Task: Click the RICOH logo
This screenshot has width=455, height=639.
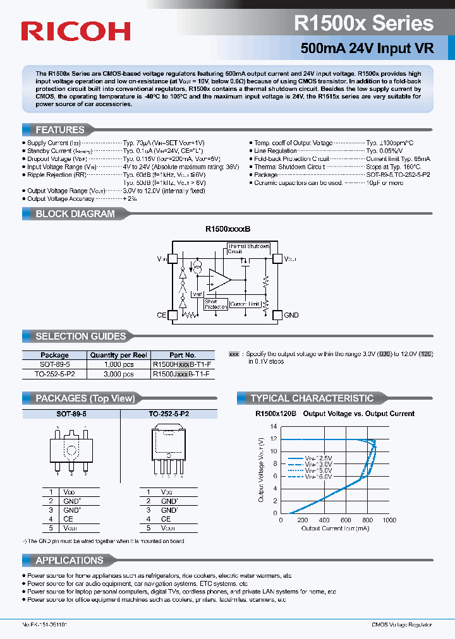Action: pyautogui.click(x=76, y=31)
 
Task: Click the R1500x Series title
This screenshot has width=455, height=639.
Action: pyautogui.click(x=363, y=23)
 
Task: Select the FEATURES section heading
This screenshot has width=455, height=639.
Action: pyautogui.click(x=60, y=129)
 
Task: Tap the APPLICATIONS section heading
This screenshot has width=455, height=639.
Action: pyautogui.click(x=69, y=560)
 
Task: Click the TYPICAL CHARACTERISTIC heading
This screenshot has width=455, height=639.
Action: pyautogui.click(x=312, y=398)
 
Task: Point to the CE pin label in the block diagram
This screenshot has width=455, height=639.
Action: pyautogui.click(x=161, y=315)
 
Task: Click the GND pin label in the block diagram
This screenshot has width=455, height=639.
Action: pyautogui.click(x=291, y=315)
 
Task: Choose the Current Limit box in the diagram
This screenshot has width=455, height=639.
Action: pyautogui.click(x=245, y=304)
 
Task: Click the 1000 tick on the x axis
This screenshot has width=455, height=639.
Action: pyautogui.click(x=389, y=520)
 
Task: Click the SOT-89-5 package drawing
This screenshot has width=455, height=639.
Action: pyautogui.click(x=71, y=448)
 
